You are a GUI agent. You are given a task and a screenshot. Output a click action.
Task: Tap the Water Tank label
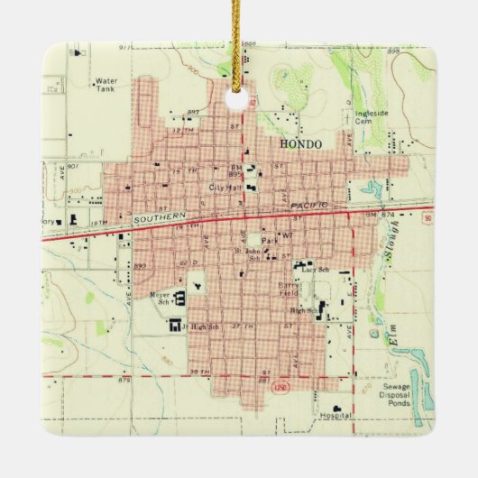coord(106,85)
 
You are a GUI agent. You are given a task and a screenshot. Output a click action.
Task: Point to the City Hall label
coord(225,187)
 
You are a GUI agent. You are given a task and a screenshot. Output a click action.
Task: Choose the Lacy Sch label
coord(317,270)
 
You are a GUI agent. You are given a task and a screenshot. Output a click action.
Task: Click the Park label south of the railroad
coord(268,241)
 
